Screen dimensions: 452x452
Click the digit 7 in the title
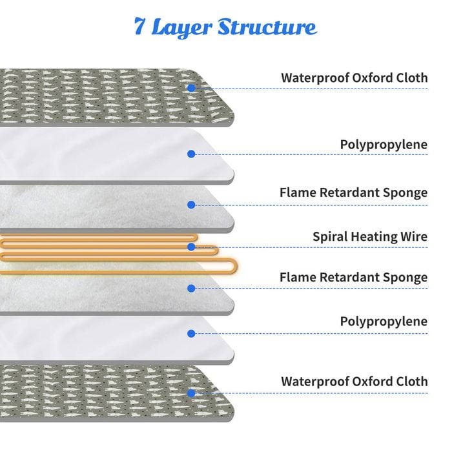point(139,26)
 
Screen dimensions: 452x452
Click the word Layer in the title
point(181,28)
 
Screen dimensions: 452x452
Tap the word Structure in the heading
point(267,27)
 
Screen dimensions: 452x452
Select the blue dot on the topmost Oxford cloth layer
point(191,88)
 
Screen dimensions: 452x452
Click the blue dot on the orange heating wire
point(191,247)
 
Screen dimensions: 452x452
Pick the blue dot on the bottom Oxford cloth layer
point(191,393)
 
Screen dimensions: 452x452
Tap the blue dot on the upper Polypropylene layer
point(191,154)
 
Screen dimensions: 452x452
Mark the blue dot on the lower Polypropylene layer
point(191,334)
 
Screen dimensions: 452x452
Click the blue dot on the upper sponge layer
point(191,205)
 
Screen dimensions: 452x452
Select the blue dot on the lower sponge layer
point(191,288)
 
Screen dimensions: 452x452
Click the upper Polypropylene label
point(384,145)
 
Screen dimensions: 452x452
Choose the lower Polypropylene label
point(384,322)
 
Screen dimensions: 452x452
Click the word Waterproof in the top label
point(315,78)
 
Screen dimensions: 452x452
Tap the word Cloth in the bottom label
point(412,382)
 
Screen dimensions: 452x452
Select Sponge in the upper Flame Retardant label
point(405,193)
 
